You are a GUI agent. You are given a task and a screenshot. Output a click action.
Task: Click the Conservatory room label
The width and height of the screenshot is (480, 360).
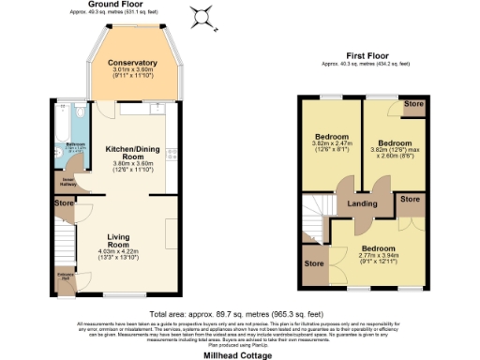(131, 63)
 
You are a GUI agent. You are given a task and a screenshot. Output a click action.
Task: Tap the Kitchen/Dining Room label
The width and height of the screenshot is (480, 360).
(131, 153)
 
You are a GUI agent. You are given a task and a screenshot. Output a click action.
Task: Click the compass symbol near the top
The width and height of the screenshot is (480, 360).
(201, 16)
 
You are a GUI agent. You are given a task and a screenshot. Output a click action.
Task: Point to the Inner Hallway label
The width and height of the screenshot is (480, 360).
(67, 181)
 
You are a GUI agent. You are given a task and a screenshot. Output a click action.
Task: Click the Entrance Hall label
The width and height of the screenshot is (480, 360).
(65, 277)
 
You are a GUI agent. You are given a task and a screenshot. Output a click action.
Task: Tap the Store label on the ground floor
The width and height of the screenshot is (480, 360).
(64, 202)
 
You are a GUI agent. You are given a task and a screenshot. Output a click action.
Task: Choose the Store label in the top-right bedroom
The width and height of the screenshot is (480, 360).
(412, 104)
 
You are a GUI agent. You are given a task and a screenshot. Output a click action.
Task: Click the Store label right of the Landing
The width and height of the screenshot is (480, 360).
(410, 199)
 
